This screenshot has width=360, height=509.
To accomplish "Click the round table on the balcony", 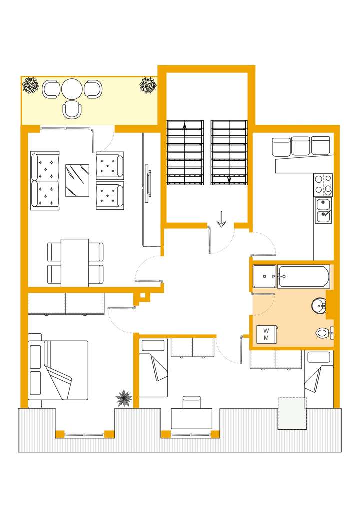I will (x=72, y=89).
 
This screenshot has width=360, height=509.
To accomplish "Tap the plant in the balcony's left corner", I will (x=31, y=86).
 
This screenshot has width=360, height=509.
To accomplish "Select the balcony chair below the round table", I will (x=72, y=109).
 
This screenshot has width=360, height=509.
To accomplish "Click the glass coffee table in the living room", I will (x=77, y=181).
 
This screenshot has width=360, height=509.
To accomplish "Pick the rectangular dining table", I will (x=75, y=262).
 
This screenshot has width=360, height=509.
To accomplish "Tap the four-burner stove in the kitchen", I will (x=323, y=184).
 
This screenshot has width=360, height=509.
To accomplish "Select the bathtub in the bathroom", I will (x=304, y=276).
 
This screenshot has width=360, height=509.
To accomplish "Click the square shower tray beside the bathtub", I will (x=264, y=276).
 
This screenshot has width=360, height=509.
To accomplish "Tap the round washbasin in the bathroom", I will (x=318, y=305).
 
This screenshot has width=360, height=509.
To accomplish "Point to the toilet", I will (x=323, y=333).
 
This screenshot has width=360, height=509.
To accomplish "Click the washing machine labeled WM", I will (x=266, y=334).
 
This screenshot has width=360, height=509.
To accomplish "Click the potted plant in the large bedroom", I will (x=123, y=398).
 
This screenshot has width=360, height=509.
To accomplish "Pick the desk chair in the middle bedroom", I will (x=191, y=402).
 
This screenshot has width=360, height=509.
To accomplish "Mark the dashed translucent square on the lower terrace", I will (x=292, y=413).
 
